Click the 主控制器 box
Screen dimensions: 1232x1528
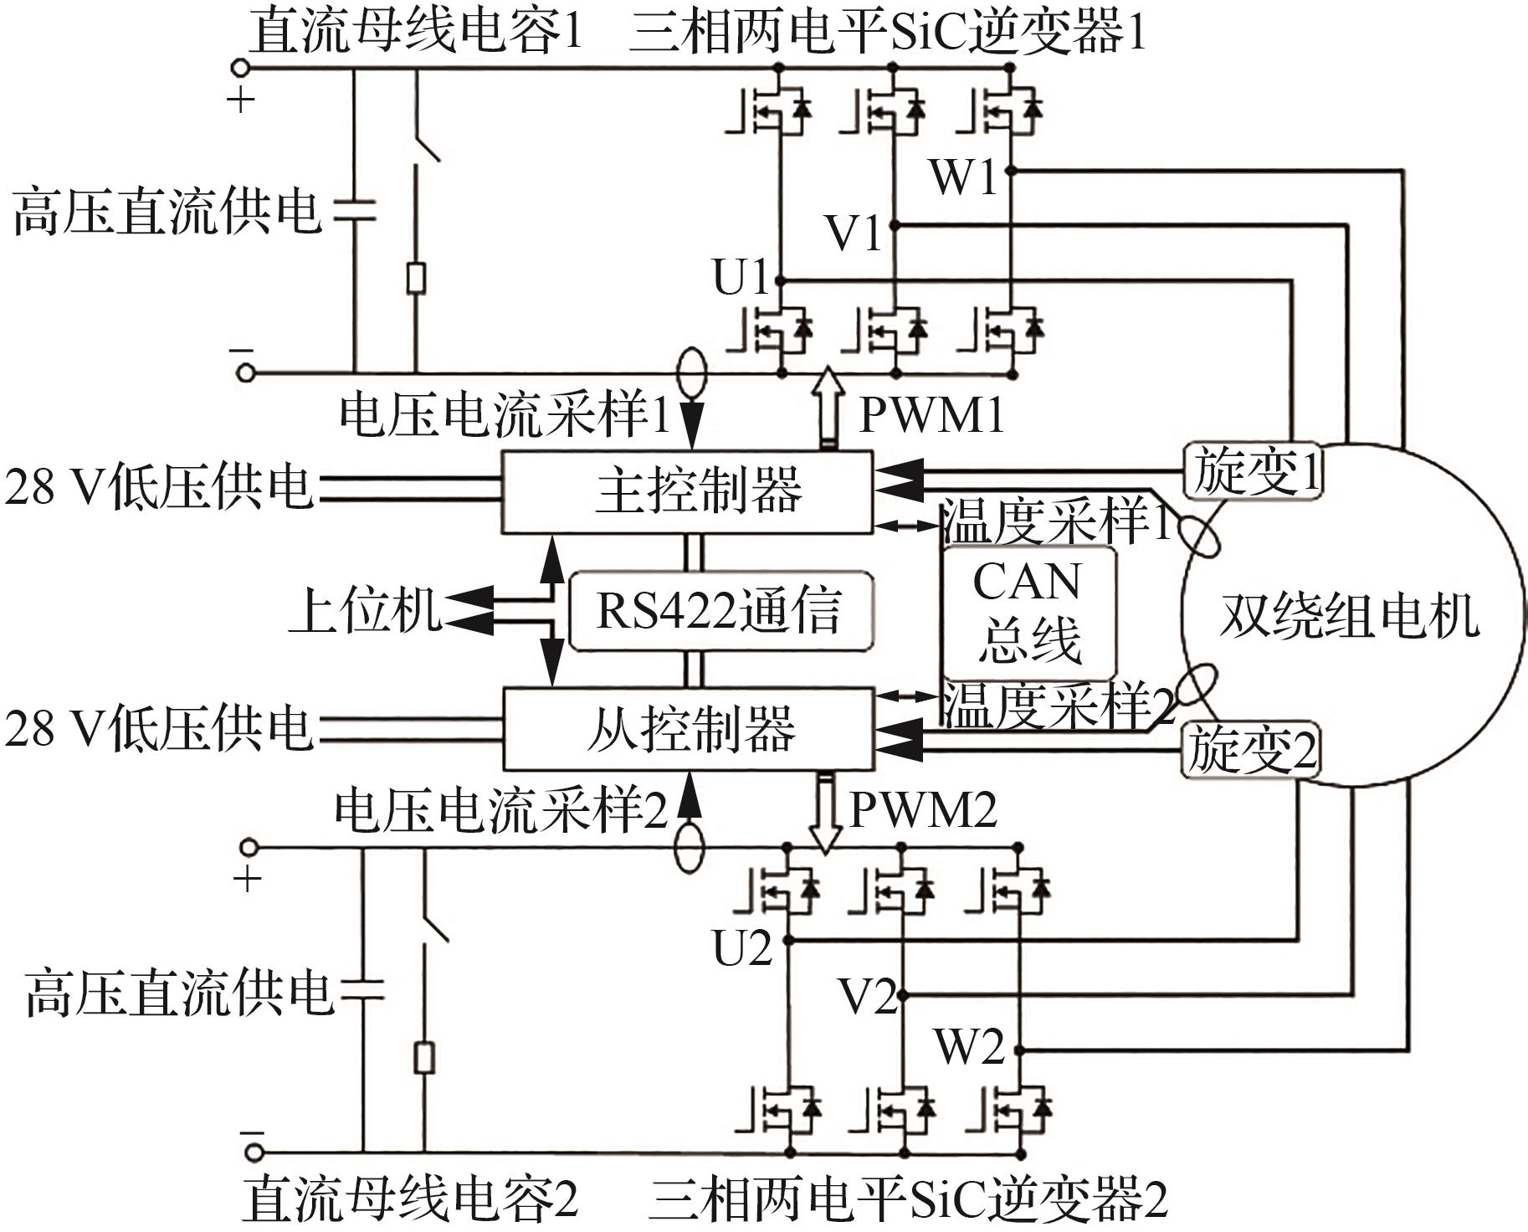point(687,492)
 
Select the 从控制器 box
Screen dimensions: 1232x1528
point(687,728)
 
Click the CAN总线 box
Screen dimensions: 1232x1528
point(1028,612)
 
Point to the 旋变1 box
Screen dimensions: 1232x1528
point(1252,470)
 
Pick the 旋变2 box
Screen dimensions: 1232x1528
point(1250,749)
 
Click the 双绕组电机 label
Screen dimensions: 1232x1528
point(1349,618)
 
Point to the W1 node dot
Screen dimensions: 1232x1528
point(1010,171)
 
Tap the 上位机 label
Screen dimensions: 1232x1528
point(365,610)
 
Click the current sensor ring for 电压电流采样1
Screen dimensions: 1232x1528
point(691,372)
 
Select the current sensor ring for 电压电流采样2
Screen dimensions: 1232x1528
point(689,849)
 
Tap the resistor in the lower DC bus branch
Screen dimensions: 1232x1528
point(425,1058)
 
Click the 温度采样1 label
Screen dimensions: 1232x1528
point(1056,522)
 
